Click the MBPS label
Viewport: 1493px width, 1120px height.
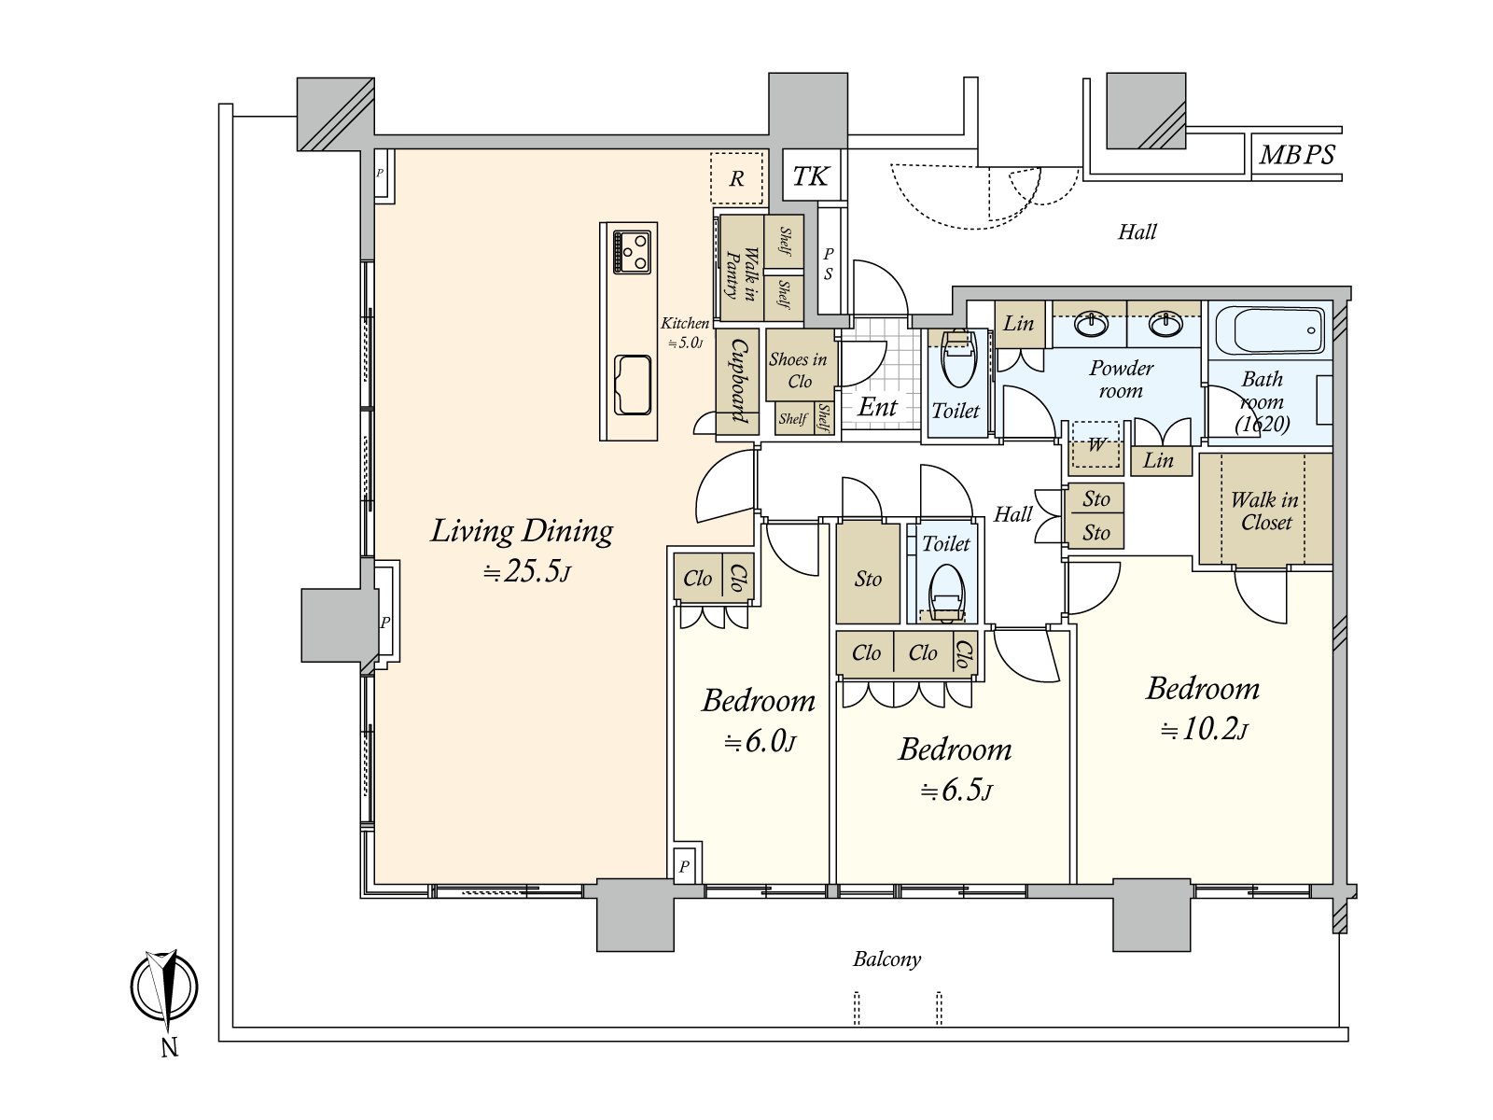(1296, 155)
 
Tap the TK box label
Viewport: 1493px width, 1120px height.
(810, 176)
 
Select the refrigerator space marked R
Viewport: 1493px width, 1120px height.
(736, 178)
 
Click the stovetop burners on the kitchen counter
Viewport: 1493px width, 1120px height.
(632, 252)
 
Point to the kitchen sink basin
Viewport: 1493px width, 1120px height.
(633, 385)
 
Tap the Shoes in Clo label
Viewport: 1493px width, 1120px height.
(799, 370)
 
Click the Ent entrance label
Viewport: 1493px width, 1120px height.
(877, 407)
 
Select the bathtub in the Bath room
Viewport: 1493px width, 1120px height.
(1270, 330)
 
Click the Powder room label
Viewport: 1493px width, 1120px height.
(1121, 380)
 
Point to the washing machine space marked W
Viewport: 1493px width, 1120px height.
(1095, 445)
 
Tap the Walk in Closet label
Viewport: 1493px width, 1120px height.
(1265, 511)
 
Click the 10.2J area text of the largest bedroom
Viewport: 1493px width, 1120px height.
(1204, 731)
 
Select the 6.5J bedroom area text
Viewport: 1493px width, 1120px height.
(956, 791)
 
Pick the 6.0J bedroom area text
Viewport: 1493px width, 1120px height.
(759, 742)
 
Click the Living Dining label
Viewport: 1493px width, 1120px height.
(522, 531)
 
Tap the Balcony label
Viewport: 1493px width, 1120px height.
(887, 959)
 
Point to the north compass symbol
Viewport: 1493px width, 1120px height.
(164, 988)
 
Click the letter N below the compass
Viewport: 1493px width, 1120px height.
(170, 1048)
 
